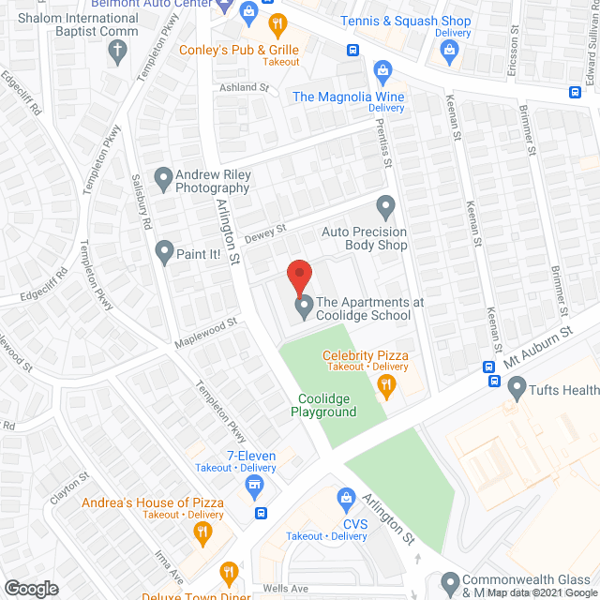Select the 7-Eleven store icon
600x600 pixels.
point(252,484)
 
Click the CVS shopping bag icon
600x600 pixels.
point(346,495)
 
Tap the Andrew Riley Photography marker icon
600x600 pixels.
point(163,175)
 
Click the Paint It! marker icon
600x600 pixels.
point(164,250)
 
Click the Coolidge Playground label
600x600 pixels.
point(322,405)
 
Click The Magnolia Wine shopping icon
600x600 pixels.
point(382,69)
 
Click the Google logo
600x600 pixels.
point(30,589)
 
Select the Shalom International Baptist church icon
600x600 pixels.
point(117,52)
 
